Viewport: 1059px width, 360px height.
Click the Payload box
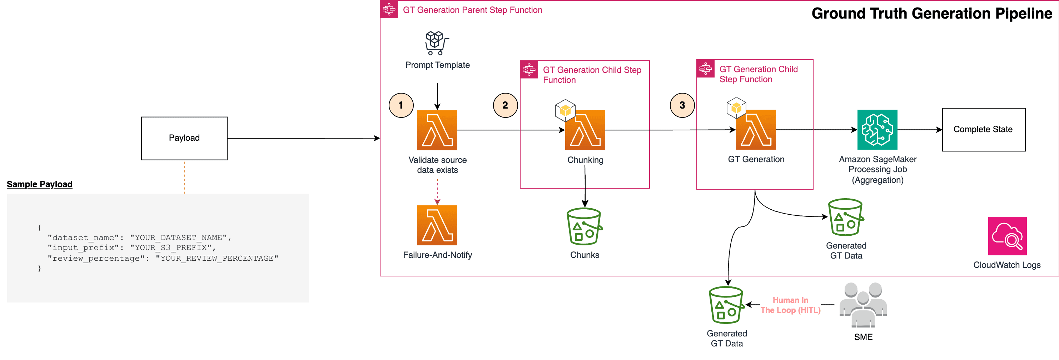(184, 138)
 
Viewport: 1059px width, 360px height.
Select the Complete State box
(983, 129)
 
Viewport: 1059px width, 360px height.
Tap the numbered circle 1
(401, 105)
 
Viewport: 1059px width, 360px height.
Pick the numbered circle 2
(505, 105)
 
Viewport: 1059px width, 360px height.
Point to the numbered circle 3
(682, 105)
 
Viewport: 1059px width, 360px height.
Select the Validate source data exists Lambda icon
(437, 130)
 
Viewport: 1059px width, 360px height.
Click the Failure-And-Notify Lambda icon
(437, 225)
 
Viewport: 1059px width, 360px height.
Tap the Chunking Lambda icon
(585, 130)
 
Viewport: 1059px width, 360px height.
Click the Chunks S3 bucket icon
(584, 226)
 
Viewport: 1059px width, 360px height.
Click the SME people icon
(862, 305)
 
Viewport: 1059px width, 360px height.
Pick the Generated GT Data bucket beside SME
(726, 305)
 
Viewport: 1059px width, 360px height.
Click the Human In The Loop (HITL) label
(790, 305)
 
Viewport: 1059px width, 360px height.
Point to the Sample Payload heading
(39, 184)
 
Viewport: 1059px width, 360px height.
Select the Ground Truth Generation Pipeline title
(931, 14)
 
